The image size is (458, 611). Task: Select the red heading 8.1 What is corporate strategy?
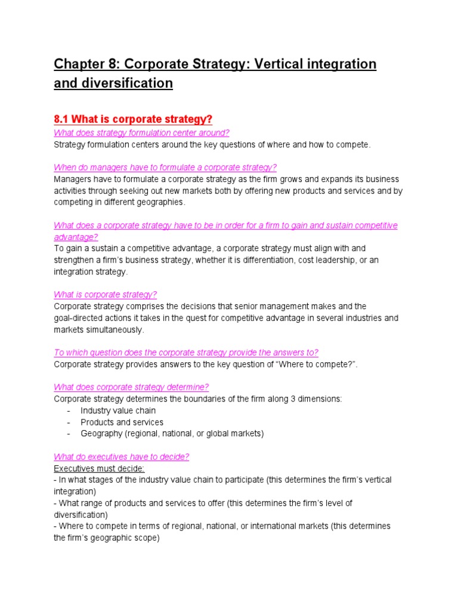click(133, 119)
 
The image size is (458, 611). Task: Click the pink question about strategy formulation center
click(141, 132)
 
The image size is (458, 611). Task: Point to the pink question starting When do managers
click(165, 167)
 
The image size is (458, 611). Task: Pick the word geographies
click(162, 202)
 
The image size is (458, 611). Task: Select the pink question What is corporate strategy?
click(105, 295)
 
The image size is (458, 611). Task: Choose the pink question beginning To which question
click(186, 353)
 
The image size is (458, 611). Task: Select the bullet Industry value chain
click(118, 411)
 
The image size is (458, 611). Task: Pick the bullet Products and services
click(122, 422)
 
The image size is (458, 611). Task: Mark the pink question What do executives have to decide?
click(121, 456)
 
